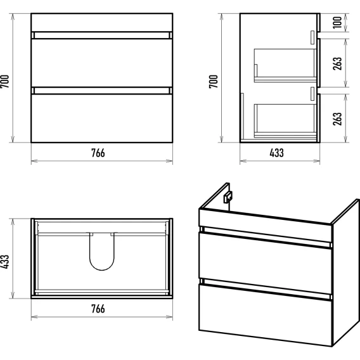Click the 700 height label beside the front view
point(5,81)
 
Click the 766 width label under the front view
point(98,153)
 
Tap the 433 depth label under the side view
point(276,153)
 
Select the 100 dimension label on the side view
point(337,22)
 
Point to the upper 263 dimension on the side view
point(337,63)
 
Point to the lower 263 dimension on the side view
point(337,119)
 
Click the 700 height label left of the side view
point(214,81)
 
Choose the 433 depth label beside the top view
point(5,262)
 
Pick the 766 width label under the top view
point(98,309)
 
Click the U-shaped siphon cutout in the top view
point(101,269)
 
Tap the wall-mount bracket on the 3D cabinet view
point(228,196)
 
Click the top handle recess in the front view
point(101,35)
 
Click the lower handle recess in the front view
point(101,91)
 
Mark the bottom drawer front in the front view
point(101,119)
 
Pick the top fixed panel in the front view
point(101,23)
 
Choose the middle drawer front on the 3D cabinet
point(265,263)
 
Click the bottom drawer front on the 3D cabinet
point(265,315)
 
